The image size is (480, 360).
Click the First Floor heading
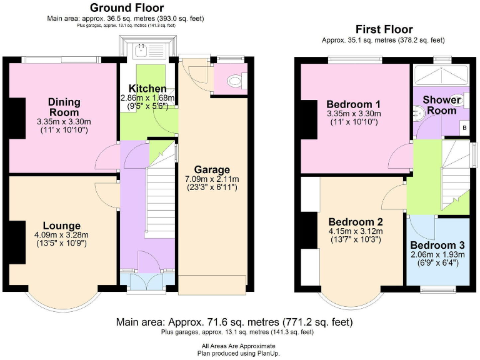tap(384, 29)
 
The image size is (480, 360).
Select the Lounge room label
tap(61, 226)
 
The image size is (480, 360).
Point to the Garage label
tap(212, 169)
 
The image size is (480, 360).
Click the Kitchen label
tap(147, 89)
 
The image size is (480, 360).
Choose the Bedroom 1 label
tap(353, 104)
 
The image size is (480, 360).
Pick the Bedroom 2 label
tap(355, 222)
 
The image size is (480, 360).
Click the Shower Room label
tap(442, 104)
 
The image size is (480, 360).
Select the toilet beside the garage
tap(235, 80)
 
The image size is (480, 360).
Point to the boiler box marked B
tap(463, 127)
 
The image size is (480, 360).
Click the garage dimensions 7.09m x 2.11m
tap(212, 179)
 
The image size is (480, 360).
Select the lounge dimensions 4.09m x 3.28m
tap(61, 236)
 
